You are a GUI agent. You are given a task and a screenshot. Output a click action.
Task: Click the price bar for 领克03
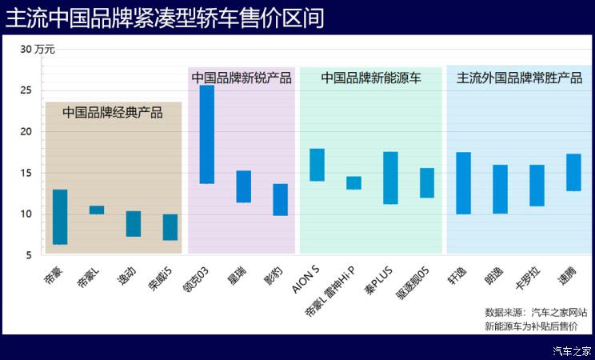pos(206,134)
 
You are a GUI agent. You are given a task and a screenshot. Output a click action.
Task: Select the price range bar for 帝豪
pos(60,217)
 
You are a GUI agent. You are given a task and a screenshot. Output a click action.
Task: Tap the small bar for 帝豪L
pos(97,210)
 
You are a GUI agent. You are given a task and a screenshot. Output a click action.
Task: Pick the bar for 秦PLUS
pos(390,178)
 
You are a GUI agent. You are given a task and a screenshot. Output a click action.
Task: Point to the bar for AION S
pos(317,165)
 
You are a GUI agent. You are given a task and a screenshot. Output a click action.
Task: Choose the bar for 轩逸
pos(463,183)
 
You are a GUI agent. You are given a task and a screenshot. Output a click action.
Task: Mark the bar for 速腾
pos(573,172)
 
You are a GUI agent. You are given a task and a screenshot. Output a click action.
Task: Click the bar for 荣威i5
pos(170,227)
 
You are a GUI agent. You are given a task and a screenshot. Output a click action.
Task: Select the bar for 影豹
pos(280,200)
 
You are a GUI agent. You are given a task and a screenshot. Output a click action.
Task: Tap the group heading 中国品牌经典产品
pos(113,113)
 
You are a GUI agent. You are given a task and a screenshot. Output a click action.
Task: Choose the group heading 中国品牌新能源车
pos(371,78)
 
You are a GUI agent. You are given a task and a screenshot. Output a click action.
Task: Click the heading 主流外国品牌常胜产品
pos(519,78)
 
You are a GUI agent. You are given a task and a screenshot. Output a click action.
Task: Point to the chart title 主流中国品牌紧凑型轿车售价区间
pos(165,18)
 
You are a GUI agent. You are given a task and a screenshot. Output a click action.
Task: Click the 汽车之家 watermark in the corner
pos(573,350)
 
